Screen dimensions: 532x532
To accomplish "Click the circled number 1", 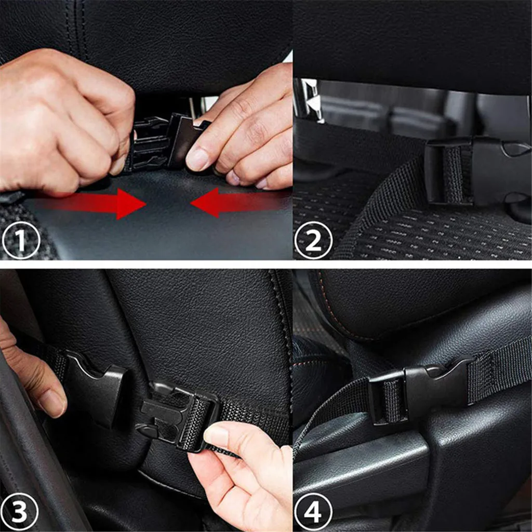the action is pyautogui.click(x=21, y=240).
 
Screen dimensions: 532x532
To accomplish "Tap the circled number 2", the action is pyautogui.click(x=313, y=240).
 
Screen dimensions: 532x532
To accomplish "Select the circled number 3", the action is pyautogui.click(x=19, y=512).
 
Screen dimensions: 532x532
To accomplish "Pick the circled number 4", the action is pyautogui.click(x=313, y=512).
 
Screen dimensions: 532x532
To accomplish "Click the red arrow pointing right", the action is pyautogui.click(x=91, y=204).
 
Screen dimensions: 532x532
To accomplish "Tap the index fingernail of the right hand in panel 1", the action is pyautogui.click(x=197, y=160).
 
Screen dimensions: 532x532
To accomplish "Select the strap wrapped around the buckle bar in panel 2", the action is pyautogui.click(x=453, y=175).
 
